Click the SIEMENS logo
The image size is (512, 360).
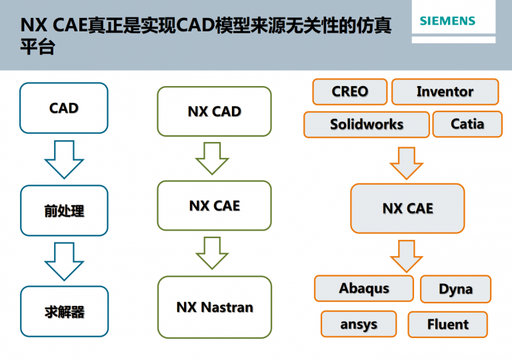pos(447,21)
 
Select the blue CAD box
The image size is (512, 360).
pos(64,108)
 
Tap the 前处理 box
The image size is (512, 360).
pos(64,211)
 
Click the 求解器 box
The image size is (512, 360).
pos(64,311)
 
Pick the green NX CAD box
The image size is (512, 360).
pos(214,111)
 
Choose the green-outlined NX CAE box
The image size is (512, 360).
pos(214,206)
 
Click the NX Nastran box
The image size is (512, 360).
pos(215,307)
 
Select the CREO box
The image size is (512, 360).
pos(350,91)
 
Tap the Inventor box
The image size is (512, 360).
pos(445,91)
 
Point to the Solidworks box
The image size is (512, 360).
pos(367,125)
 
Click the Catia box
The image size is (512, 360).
pos(467,124)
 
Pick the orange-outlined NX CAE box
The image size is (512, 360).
pos(407,209)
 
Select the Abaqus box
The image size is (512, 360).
pos(364,289)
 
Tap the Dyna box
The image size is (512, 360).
pos(455,289)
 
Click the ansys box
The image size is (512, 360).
pos(359,324)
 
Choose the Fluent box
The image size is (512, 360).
pos(448,325)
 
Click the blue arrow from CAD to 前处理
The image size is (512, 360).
pos(64,159)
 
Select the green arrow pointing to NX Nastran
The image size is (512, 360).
pos(212,253)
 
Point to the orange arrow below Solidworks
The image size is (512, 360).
pos(407,163)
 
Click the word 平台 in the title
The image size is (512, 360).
pos(37,47)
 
